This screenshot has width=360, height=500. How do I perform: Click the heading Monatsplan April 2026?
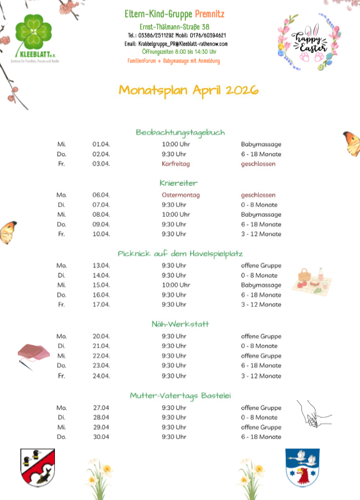point(188,90)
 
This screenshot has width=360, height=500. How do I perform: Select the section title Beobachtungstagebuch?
point(180,132)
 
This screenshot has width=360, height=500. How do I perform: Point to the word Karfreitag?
point(175,164)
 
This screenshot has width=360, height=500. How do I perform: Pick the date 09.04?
point(101,224)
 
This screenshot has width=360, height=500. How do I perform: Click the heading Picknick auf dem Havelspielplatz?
point(180,253)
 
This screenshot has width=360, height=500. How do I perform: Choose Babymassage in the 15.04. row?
point(261,285)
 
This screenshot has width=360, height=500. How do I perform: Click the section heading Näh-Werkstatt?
point(180,323)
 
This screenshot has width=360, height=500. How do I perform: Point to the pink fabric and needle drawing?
point(35,355)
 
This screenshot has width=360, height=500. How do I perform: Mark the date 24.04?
point(101,375)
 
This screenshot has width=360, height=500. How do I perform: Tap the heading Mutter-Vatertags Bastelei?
point(180,395)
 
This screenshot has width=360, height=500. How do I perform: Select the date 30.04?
point(100,436)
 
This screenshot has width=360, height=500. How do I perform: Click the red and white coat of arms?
point(38,467)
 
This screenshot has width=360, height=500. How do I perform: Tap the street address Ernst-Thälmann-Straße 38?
point(174,27)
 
